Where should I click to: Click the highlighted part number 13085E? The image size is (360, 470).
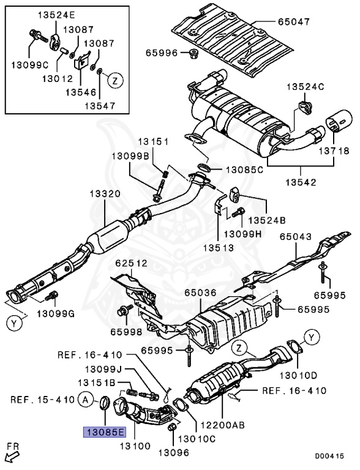(104, 431)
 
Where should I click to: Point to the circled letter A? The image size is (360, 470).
(86, 401)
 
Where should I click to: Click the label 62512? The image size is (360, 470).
(130, 264)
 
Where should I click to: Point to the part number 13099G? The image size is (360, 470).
(54, 314)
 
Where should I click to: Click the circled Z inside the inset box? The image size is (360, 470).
(114, 79)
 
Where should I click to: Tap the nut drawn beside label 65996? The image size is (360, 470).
(192, 53)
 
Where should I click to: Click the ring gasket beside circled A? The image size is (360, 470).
(105, 403)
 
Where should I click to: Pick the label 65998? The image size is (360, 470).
(126, 332)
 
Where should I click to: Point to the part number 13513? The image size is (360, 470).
(220, 248)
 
